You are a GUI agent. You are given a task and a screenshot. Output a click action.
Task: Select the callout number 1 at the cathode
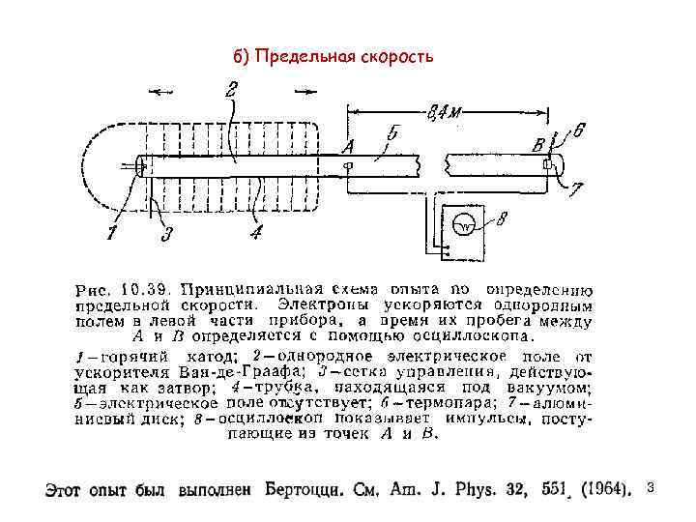point(113,233)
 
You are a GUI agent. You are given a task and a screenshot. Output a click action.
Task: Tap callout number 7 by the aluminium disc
point(576,191)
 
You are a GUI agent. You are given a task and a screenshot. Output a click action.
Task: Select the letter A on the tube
point(348,146)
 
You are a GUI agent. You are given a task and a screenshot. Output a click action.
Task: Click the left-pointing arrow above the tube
point(161,92)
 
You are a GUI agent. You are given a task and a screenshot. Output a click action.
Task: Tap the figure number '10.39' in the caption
point(145,288)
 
